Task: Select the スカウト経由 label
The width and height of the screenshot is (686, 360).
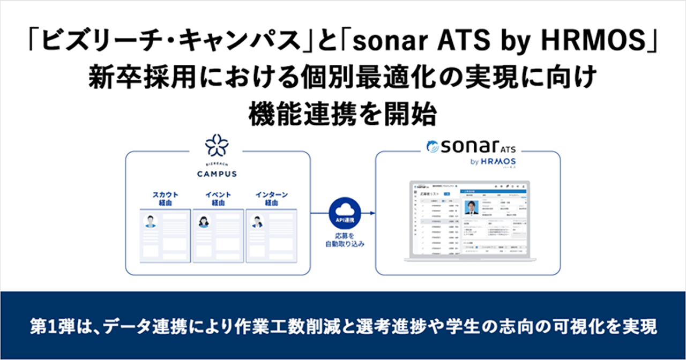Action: pyautogui.click(x=165, y=199)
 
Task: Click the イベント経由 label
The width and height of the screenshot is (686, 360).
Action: pyautogui.click(x=218, y=199)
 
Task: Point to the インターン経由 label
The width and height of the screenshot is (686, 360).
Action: pyautogui.click(x=271, y=199)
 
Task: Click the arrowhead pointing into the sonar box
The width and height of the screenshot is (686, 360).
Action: pyautogui.click(x=371, y=213)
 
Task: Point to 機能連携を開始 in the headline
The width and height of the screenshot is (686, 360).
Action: pyautogui.click(x=343, y=114)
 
